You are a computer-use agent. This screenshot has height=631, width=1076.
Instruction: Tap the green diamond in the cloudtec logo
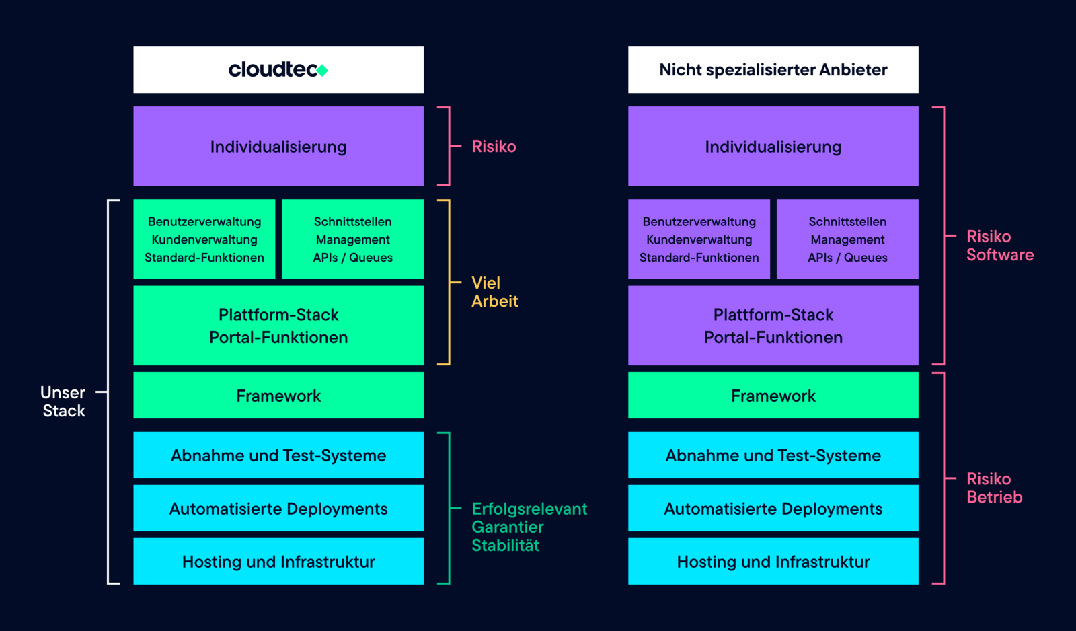[323, 70]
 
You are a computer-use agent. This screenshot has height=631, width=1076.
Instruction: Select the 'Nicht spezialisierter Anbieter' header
[773, 69]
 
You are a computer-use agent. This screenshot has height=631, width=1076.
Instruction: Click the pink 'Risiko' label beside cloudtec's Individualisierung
[494, 147]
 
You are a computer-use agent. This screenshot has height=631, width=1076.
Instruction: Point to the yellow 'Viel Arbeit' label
[494, 292]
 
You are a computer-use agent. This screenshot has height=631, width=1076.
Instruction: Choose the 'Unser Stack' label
[63, 402]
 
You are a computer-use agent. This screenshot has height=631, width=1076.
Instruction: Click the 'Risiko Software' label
[999, 246]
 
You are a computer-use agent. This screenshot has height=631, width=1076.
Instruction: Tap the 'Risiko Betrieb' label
[994, 488]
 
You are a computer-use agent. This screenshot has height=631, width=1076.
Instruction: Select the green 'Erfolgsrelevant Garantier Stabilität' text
[529, 527]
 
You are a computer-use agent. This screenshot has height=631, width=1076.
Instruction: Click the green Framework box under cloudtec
[278, 396]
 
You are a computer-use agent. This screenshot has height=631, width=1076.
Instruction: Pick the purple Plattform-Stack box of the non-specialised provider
[773, 326]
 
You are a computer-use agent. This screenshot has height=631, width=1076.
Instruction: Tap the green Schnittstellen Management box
[352, 239]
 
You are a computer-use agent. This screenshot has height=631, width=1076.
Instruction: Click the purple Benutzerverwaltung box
[699, 239]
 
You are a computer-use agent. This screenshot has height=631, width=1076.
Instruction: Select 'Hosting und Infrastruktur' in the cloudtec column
[278, 562]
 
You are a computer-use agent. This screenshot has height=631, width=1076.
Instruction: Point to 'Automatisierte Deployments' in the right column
[773, 509]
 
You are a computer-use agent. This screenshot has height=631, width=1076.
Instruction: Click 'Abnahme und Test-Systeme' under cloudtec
[278, 455]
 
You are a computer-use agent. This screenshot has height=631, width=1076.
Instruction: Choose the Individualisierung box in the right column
[773, 146]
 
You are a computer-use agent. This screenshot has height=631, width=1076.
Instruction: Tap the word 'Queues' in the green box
[371, 258]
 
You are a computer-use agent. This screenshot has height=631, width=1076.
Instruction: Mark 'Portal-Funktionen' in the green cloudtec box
[278, 338]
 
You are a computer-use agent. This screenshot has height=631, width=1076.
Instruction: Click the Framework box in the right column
[773, 396]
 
